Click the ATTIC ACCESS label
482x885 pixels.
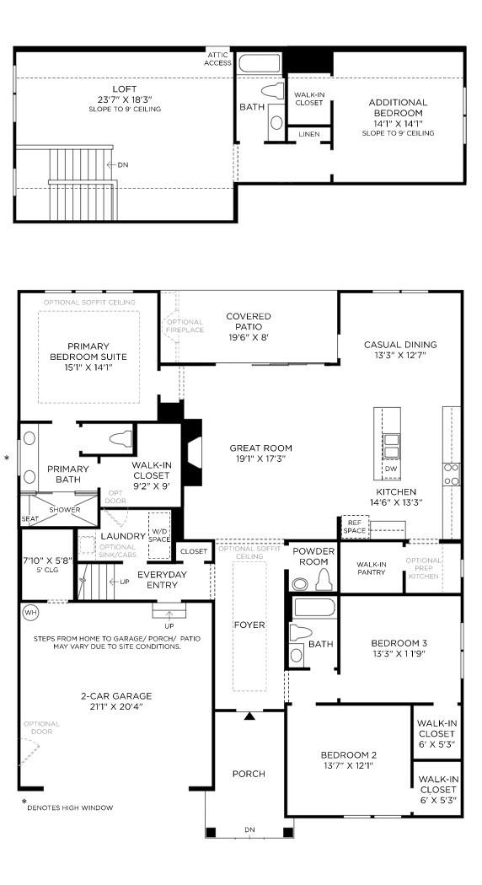click(217, 58)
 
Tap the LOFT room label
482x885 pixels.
click(124, 88)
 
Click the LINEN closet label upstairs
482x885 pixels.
click(308, 134)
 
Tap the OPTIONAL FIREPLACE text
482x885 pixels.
click(185, 325)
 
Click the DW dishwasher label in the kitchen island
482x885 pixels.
click(390, 469)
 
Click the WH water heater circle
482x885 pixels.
click(31, 612)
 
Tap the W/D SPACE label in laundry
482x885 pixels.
click(159, 534)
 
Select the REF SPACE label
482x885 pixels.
click(355, 527)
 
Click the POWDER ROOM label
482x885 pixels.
click(313, 556)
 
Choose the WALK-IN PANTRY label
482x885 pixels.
click(371, 569)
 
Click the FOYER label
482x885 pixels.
click(249, 625)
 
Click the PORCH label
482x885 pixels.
click(249, 774)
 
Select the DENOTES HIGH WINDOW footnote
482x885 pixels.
click(70, 807)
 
